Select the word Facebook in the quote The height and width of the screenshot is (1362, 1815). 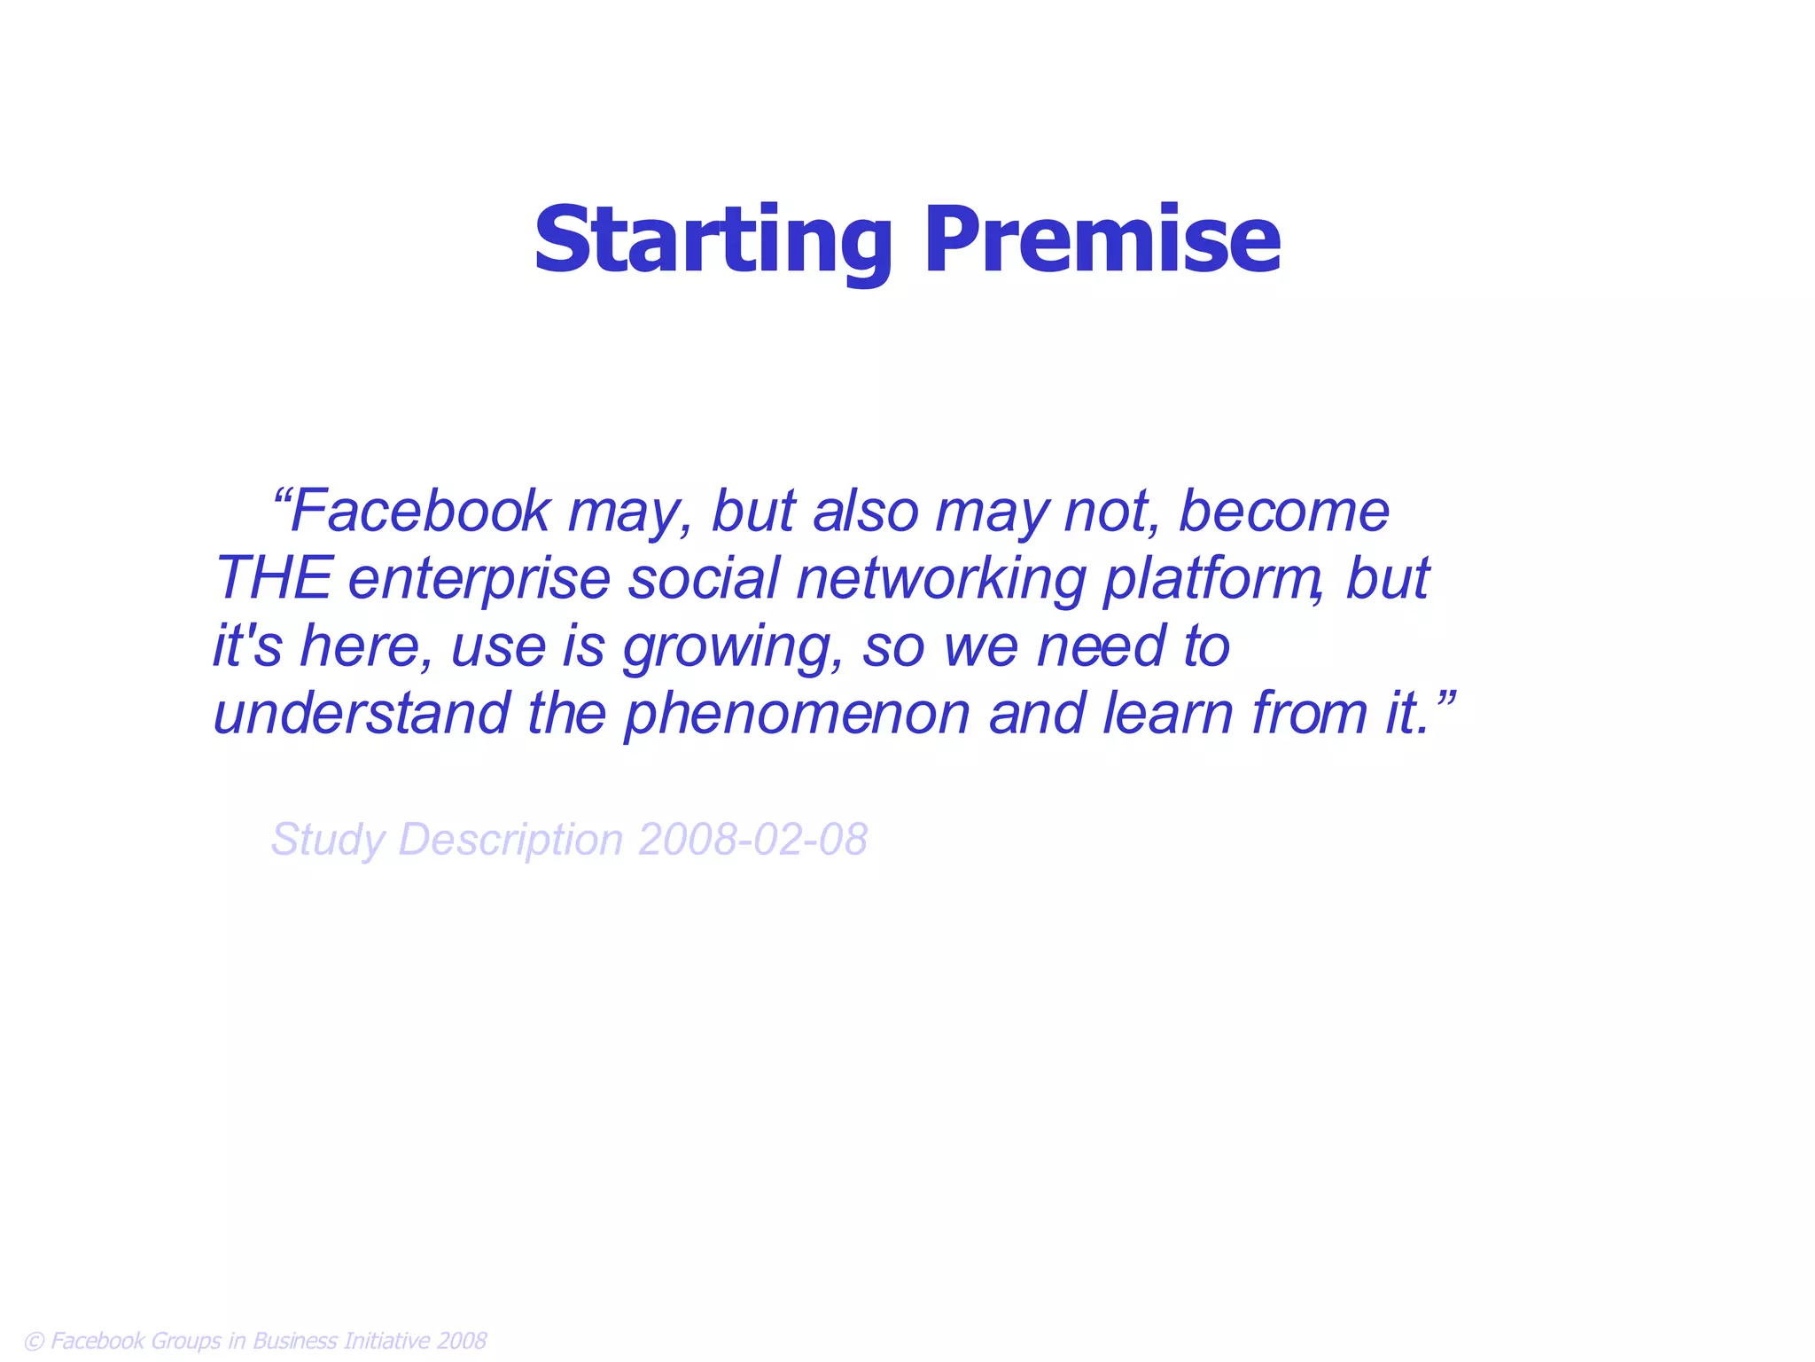[420, 512]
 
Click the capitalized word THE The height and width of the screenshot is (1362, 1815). [274, 578]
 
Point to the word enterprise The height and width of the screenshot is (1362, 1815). [479, 578]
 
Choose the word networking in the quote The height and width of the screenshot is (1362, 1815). [940, 578]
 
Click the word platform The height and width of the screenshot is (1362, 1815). [1211, 578]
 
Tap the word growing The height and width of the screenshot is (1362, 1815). [731, 646]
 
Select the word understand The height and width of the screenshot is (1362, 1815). [362, 713]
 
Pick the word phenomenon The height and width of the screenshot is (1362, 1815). [798, 713]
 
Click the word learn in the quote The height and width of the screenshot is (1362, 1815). [1167, 713]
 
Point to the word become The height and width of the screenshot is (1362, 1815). [1283, 512]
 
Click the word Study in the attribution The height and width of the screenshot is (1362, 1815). [327, 840]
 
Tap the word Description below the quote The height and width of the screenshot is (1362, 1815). [511, 840]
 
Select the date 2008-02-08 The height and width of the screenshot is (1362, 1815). [752, 839]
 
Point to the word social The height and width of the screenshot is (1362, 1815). [705, 578]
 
